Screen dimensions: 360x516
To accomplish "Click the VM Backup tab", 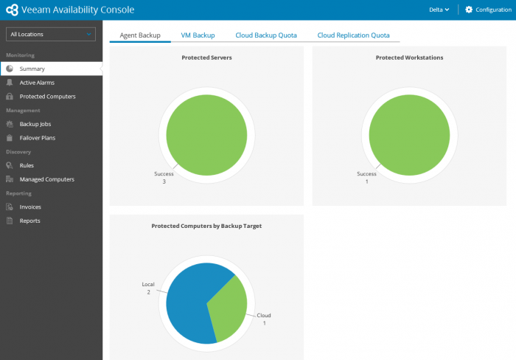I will (x=198, y=35).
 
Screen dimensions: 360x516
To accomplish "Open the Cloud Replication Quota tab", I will (x=353, y=35).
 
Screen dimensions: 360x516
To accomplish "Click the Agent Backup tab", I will (x=140, y=35).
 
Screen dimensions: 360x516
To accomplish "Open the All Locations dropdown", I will (x=51, y=34).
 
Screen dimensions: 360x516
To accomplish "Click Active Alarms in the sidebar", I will (x=37, y=83).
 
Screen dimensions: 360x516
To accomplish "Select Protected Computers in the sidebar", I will (x=47, y=97).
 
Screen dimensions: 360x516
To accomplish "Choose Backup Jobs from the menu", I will (x=35, y=124).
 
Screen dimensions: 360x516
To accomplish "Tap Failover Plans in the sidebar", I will (x=37, y=138).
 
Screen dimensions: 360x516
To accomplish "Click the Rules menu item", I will (x=27, y=165).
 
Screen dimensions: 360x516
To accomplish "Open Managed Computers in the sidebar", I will (x=46, y=179).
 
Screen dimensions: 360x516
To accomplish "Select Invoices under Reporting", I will (x=30, y=207).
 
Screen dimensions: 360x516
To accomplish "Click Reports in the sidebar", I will (x=29, y=221).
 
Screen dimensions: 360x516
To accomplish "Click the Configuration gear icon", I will (x=469, y=10).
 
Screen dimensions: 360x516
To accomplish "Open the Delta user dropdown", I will (x=439, y=10).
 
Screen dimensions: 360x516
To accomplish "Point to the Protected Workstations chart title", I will (x=409, y=58).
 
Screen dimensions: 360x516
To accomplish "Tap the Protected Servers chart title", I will (x=206, y=58).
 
